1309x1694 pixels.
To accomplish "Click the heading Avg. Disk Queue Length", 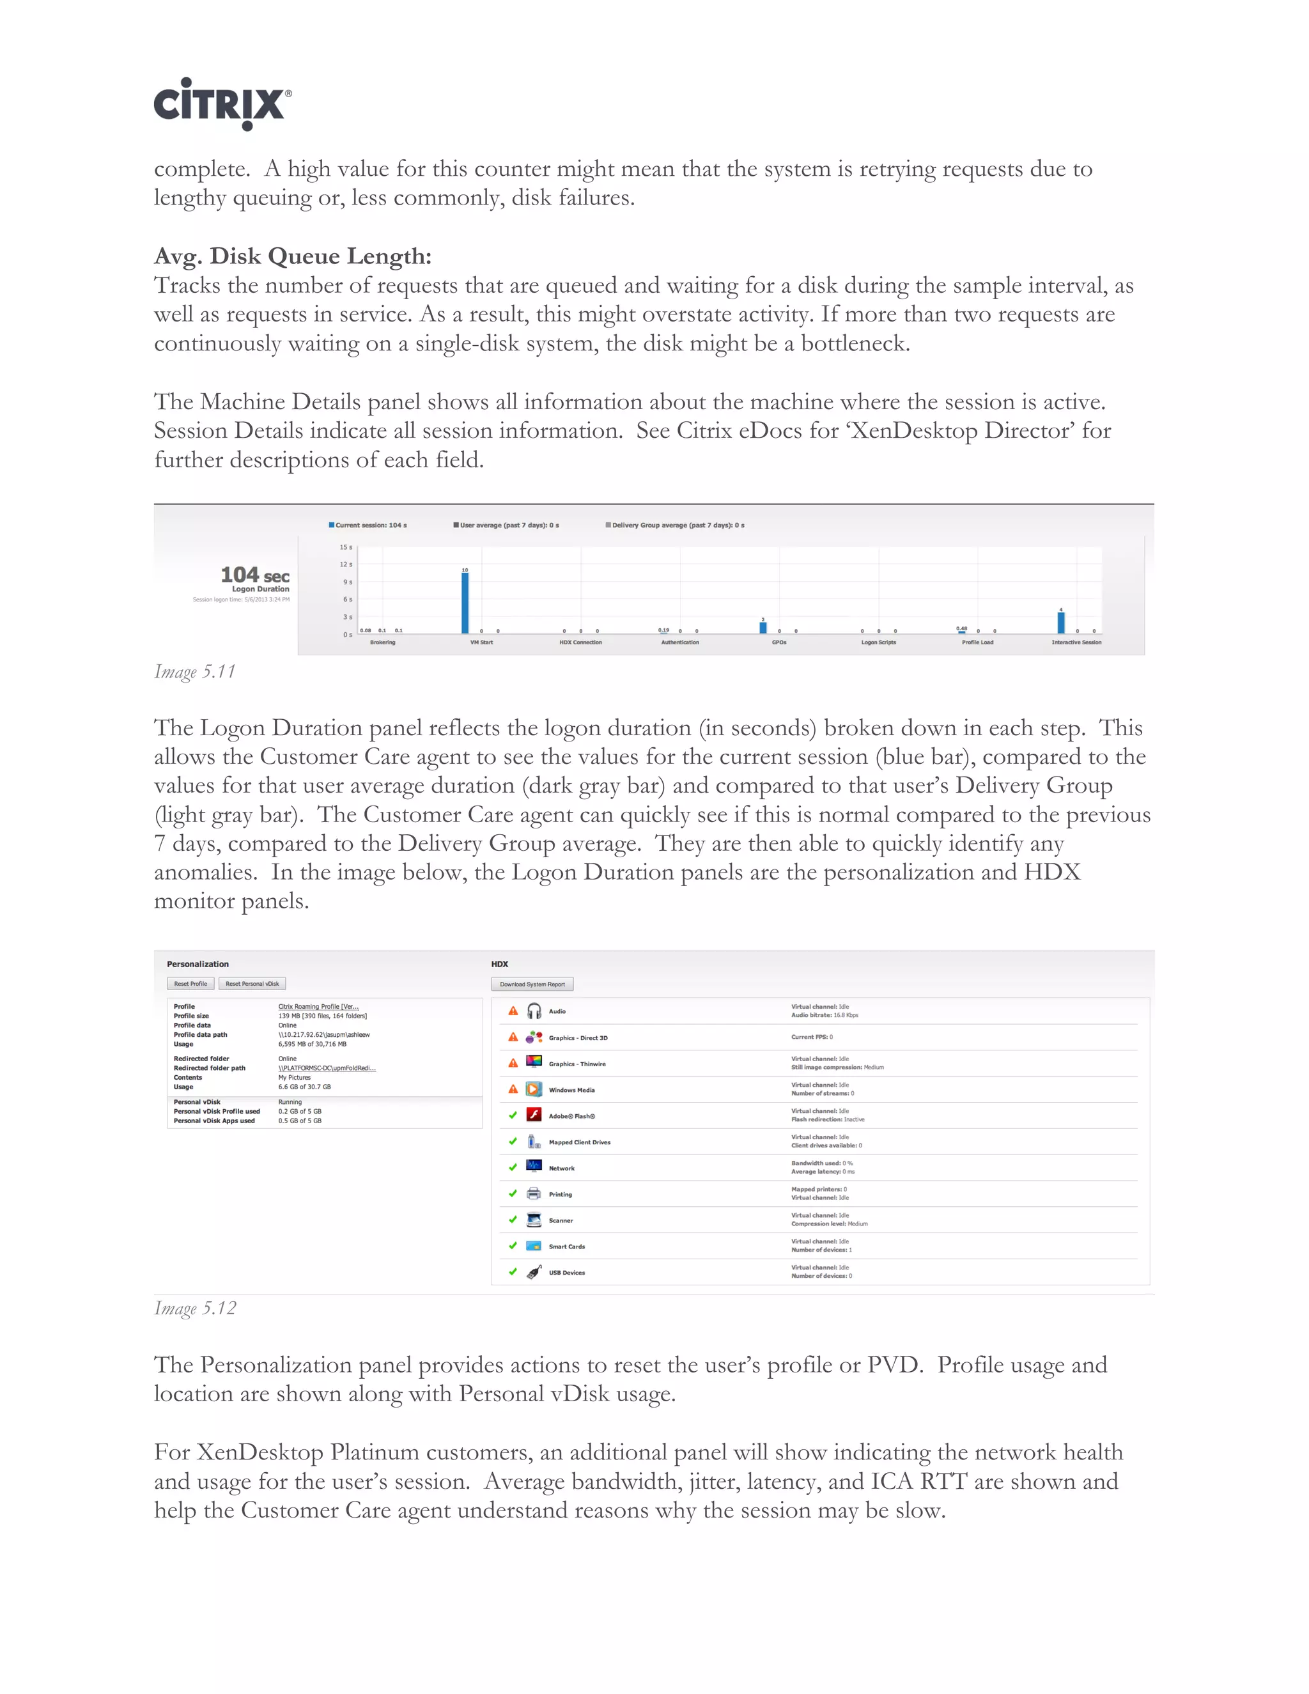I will (x=292, y=256).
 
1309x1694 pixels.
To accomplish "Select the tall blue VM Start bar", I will (x=465, y=603).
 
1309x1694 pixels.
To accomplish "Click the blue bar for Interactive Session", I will (x=1061, y=622).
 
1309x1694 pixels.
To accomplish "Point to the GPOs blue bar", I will (x=763, y=628).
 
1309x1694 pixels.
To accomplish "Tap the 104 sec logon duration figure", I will (x=254, y=575).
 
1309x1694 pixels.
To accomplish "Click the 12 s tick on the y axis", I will (x=346, y=564).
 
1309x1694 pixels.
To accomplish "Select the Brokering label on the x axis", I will (x=382, y=642).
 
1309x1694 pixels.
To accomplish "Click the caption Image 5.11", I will (x=195, y=672).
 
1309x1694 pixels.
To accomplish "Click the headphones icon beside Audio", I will (x=534, y=1011).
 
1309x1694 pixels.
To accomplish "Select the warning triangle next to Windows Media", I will (x=513, y=1090).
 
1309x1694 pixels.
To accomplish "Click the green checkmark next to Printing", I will (x=513, y=1193).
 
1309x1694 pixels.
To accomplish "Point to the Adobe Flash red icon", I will (x=534, y=1115).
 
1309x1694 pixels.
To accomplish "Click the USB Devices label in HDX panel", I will (x=567, y=1273).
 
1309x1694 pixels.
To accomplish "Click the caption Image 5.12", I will (x=195, y=1309).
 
